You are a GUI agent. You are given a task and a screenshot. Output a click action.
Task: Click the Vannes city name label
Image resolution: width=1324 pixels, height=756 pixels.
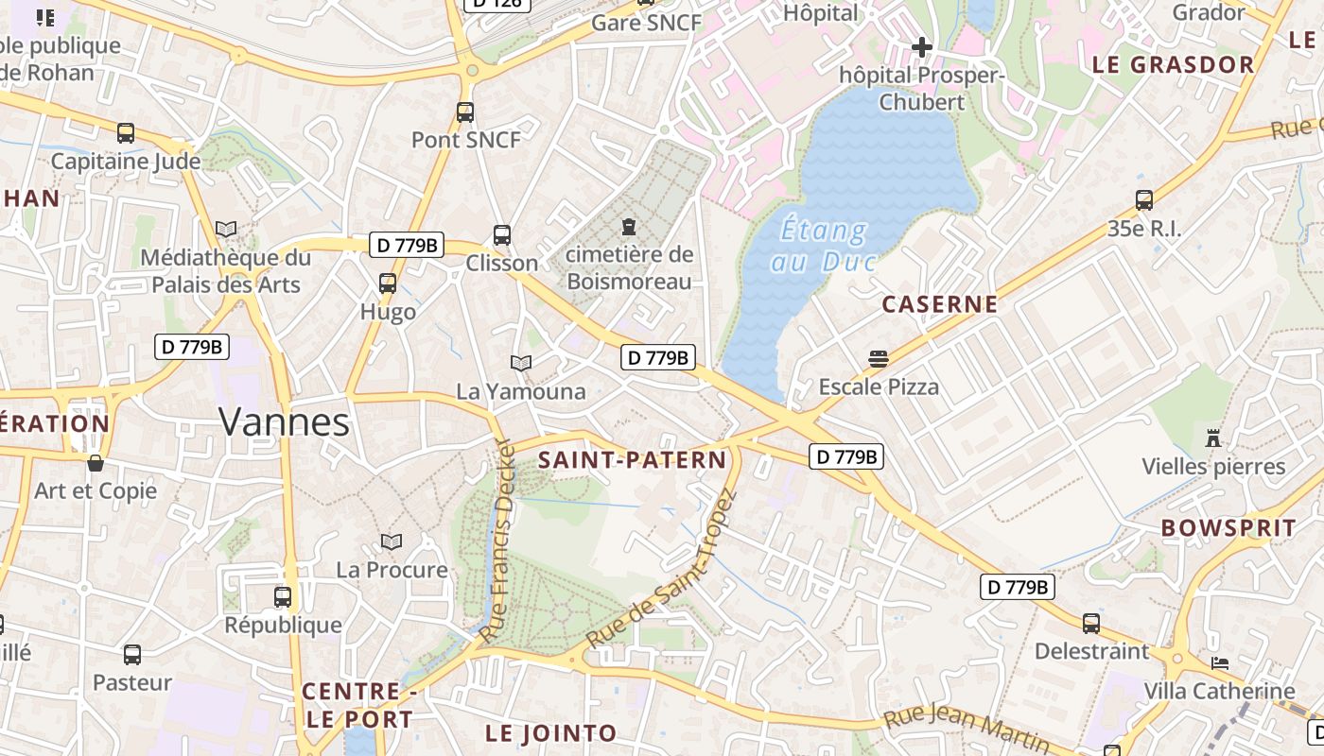[x=285, y=421]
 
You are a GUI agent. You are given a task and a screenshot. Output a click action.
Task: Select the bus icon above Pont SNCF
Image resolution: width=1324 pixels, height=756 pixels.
[x=465, y=112]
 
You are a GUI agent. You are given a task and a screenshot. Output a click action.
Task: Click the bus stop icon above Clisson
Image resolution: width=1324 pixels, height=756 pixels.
[x=502, y=235]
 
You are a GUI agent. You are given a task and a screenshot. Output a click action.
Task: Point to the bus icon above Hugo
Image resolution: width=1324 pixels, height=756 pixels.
[x=388, y=283]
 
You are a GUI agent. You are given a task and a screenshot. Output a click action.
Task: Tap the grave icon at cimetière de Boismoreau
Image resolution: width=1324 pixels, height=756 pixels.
[x=629, y=227]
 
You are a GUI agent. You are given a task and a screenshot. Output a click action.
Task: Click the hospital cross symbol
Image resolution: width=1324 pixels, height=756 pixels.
[x=922, y=46]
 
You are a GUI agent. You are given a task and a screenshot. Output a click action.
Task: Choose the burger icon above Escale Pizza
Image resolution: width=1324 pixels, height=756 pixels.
[x=879, y=359]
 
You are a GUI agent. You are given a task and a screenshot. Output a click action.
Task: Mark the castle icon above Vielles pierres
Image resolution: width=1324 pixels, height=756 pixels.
[x=1213, y=438]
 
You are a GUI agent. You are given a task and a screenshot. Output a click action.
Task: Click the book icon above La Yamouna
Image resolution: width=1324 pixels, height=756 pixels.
[x=521, y=363]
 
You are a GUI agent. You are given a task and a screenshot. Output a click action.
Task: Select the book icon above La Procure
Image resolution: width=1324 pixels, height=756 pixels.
[x=392, y=541]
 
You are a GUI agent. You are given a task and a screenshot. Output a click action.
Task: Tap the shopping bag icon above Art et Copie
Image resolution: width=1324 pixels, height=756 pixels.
[x=96, y=463]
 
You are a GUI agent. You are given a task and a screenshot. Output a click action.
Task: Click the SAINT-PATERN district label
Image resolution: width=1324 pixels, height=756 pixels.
[x=632, y=460]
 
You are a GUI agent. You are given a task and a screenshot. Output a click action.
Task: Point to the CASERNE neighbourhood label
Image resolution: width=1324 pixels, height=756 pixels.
[x=940, y=304]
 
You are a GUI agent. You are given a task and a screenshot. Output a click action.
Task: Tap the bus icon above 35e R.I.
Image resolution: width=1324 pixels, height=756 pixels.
[x=1144, y=200]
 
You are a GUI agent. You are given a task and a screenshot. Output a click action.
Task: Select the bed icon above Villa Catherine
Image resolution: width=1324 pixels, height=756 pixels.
[x=1220, y=662]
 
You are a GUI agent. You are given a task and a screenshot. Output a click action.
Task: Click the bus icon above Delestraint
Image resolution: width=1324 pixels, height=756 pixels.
[x=1091, y=624]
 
